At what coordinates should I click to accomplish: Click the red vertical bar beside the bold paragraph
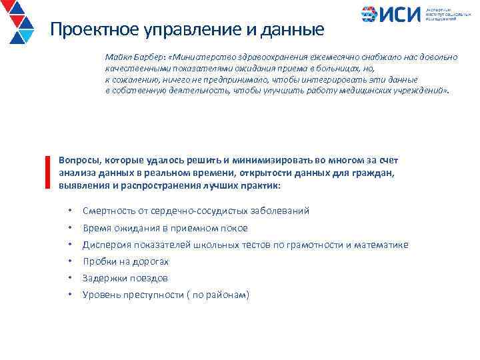coord(48,173)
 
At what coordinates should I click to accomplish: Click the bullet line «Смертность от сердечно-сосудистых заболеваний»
coord(195,211)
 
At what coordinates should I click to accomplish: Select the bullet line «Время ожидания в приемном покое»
coord(165,228)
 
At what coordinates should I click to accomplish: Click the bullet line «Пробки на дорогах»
coord(125,261)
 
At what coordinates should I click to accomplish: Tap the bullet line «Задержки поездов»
coord(125,278)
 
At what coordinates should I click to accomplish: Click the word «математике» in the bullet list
coord(381,245)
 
